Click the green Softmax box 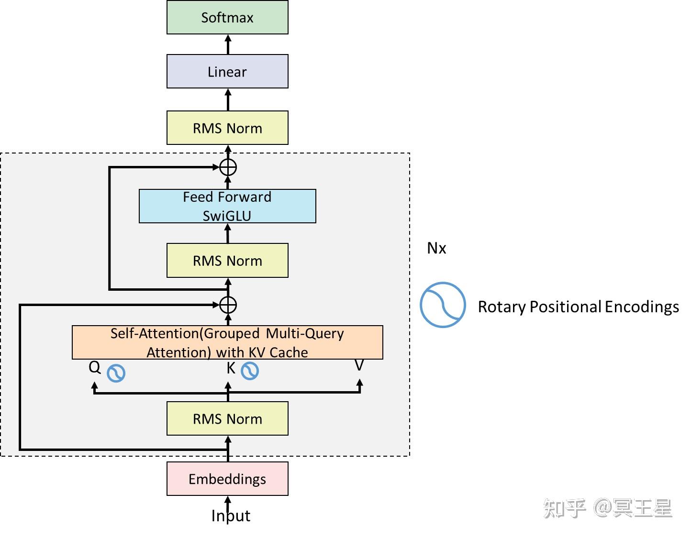[x=227, y=18]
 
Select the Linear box [x=227, y=72]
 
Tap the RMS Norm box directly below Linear [x=227, y=128]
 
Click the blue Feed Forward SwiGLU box [x=227, y=206]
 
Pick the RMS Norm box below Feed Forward [x=227, y=261]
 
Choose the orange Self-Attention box [x=227, y=342]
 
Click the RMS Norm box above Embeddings [x=227, y=419]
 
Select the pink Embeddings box [x=227, y=479]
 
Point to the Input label [x=231, y=516]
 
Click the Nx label [x=436, y=248]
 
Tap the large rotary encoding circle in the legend [x=443, y=305]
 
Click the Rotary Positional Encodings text [x=578, y=307]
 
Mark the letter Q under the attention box [x=95, y=367]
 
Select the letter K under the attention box [x=231, y=368]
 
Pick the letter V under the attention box [x=359, y=366]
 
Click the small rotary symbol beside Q [x=116, y=373]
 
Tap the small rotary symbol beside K [x=249, y=371]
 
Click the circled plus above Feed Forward [x=228, y=167]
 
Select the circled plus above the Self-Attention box [x=228, y=305]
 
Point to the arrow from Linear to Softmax [x=228, y=44]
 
